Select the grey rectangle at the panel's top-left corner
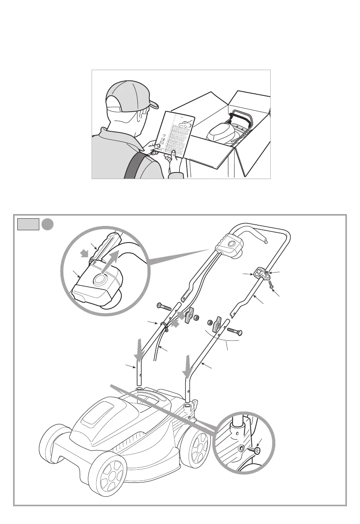coord(28,224)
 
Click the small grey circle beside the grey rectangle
coord(47,224)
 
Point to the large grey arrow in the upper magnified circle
coord(112,263)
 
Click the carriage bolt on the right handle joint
coord(234,331)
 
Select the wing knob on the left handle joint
coord(189,316)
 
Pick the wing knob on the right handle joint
coord(217,323)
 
